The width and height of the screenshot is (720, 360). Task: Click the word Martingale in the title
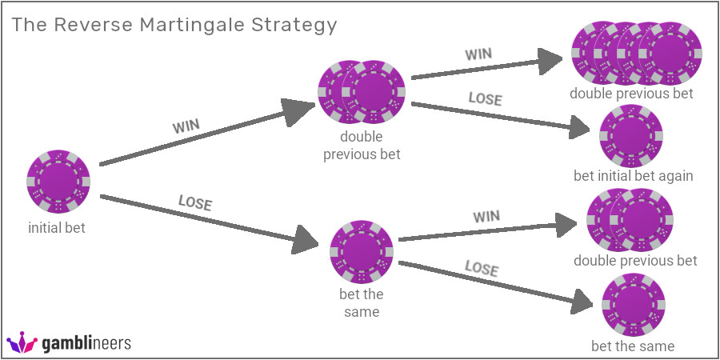(181, 25)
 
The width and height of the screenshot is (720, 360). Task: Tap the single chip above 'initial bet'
(58, 181)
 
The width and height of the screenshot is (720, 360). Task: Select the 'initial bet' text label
(57, 228)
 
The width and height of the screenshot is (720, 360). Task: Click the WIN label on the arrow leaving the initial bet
(186, 126)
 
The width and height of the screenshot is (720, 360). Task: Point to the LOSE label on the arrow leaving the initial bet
(195, 203)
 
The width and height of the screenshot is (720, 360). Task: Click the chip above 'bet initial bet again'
(631, 136)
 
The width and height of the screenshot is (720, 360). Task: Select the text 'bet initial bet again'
(633, 175)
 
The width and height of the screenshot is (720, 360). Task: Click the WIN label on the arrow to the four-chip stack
(480, 54)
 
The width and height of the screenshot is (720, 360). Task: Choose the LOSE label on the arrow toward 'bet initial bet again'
(485, 99)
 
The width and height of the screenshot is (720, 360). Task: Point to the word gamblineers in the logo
(86, 344)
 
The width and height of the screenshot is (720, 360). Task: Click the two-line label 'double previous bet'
(362, 146)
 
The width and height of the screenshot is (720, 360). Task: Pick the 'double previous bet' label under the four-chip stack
(631, 93)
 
